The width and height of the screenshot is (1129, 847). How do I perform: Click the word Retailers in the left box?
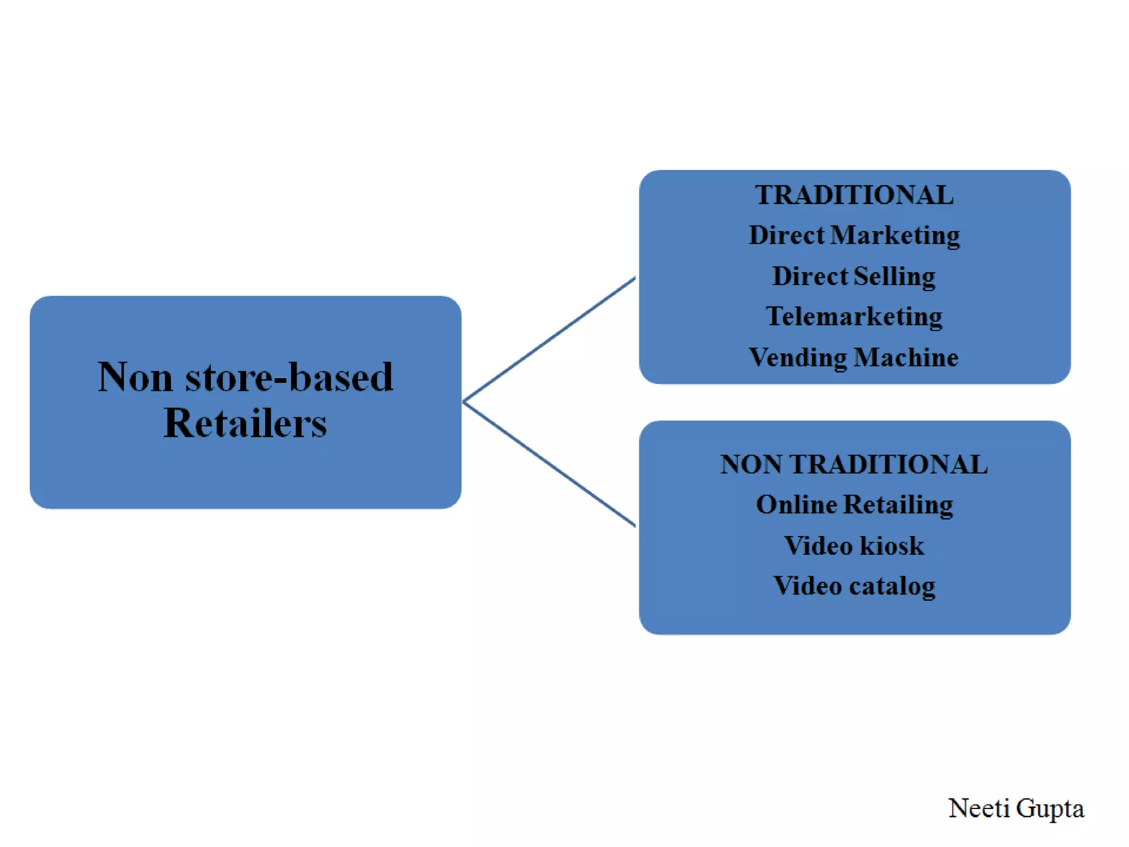(x=245, y=423)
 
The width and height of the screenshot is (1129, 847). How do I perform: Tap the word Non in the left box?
(x=135, y=377)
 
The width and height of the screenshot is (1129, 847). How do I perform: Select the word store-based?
(x=289, y=377)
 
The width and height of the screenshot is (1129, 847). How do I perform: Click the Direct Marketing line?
(x=854, y=235)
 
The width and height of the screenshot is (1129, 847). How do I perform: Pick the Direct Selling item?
(x=854, y=276)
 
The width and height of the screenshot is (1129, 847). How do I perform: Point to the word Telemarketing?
(x=854, y=317)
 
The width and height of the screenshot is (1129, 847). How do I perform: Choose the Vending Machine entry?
(x=854, y=357)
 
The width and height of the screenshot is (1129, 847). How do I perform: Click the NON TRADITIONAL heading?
(x=854, y=464)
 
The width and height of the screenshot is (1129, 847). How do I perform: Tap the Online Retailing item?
(x=854, y=505)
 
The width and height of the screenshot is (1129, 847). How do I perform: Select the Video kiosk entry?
(x=854, y=545)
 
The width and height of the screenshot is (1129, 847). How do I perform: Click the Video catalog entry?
(x=854, y=586)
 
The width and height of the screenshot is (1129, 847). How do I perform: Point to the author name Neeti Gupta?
(x=1015, y=808)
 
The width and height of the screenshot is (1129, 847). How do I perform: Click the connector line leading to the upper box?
(x=550, y=339)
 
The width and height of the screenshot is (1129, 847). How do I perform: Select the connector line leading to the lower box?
(x=550, y=464)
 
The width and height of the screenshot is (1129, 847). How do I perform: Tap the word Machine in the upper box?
(x=906, y=357)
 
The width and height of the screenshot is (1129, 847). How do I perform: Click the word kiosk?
(x=891, y=545)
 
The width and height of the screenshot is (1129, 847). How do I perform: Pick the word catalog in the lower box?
(x=892, y=586)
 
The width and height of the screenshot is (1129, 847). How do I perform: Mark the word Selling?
(x=894, y=276)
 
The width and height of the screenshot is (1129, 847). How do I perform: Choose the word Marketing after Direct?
(x=895, y=235)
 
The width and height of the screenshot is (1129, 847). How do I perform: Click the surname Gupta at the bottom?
(x=1050, y=808)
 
